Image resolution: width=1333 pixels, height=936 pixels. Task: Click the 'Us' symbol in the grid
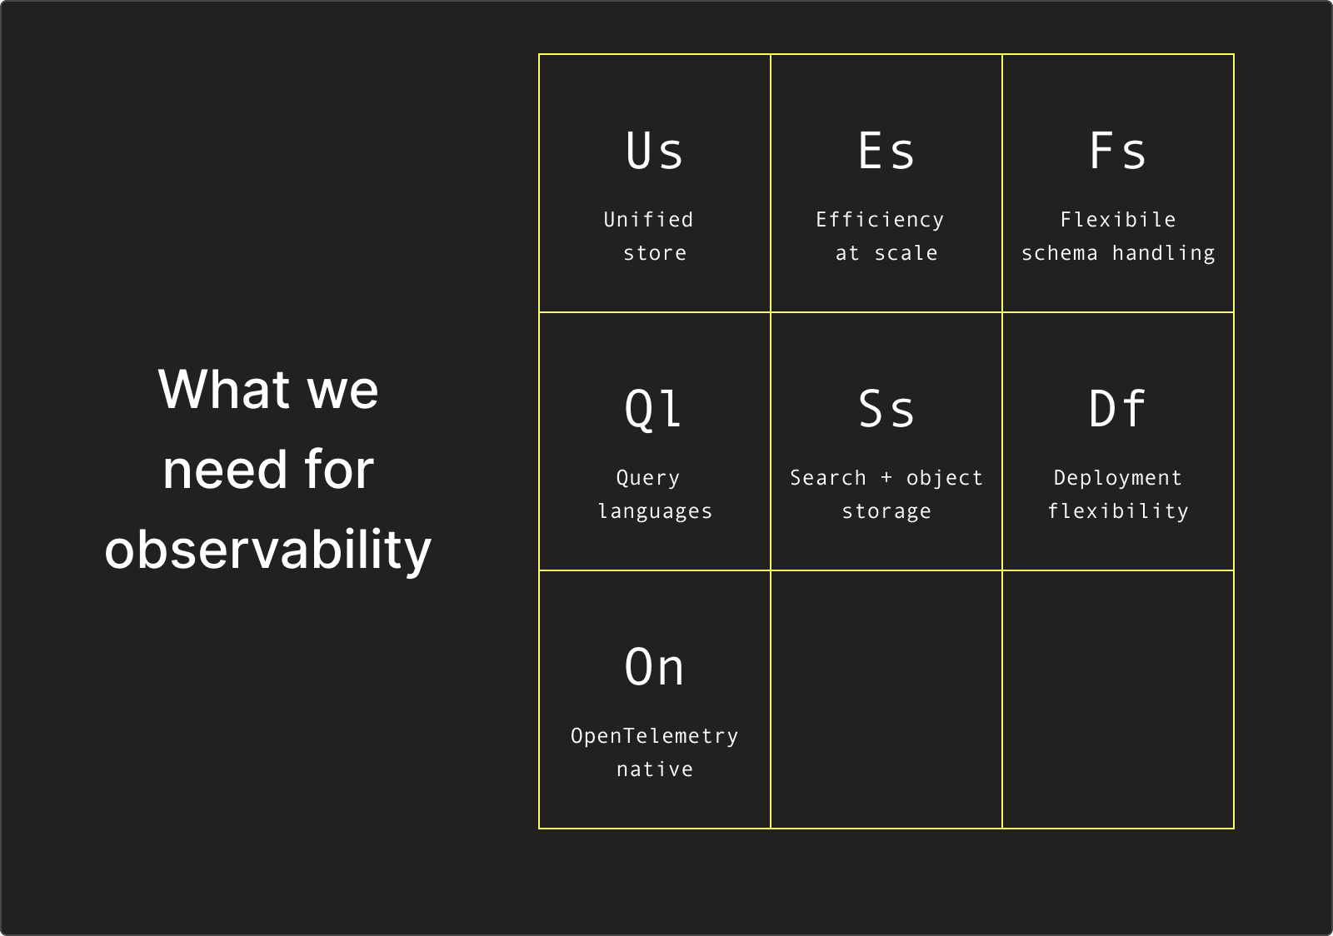[x=654, y=151]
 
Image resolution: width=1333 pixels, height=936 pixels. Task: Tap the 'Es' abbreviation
[x=886, y=151]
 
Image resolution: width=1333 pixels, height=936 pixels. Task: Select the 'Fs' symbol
[x=1117, y=151]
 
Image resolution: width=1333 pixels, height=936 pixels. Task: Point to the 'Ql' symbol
[x=653, y=410]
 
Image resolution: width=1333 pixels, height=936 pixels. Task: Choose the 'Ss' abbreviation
[x=886, y=409]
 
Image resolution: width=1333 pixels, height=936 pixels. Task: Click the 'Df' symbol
[x=1117, y=408]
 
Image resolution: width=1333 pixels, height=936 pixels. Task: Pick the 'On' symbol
[x=654, y=667]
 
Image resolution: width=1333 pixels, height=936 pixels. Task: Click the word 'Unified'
[x=648, y=220]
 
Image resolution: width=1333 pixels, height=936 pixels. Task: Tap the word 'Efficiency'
[x=880, y=221]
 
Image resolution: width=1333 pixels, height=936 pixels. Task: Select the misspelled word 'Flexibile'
[x=1117, y=220]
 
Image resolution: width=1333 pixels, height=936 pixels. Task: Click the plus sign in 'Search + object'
[x=886, y=478]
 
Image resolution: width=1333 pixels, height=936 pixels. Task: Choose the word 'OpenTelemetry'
[x=654, y=737]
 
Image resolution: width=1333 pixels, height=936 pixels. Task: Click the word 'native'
[x=655, y=769]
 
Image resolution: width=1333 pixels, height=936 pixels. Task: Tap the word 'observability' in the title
[x=267, y=550]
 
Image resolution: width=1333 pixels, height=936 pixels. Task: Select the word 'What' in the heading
[x=223, y=390]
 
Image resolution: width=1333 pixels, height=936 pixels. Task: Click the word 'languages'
[x=655, y=512]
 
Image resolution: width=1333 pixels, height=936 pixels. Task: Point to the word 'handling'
[x=1163, y=254]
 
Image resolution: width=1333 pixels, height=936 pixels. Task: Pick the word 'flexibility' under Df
[x=1117, y=512]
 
